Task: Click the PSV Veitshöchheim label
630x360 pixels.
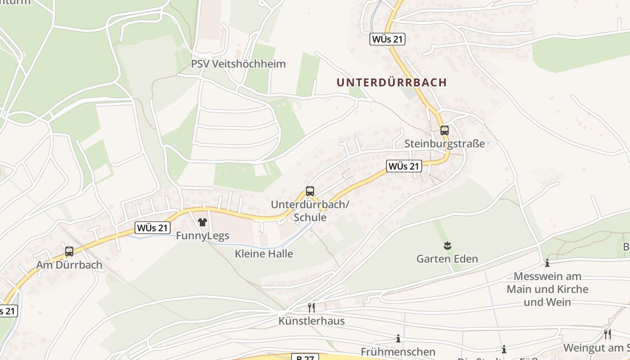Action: point(238,64)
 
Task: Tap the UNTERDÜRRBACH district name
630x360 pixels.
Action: point(391,82)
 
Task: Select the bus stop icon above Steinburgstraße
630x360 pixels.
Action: point(445,130)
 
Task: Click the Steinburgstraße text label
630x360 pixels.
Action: point(445,144)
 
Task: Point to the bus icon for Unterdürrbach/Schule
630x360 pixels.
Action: point(310,191)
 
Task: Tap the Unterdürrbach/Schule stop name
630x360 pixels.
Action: point(310,211)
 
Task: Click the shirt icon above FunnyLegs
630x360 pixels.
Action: point(202,222)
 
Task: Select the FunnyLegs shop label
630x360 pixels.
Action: point(202,235)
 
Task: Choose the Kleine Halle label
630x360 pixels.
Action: point(264,254)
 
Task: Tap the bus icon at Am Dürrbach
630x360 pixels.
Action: point(69,252)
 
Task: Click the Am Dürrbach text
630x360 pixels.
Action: point(69,265)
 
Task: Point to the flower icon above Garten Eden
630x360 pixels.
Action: point(447,246)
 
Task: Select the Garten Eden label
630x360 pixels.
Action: point(447,259)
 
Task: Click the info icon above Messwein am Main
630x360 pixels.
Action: point(547,263)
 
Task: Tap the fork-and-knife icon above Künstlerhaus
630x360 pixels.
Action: point(311,307)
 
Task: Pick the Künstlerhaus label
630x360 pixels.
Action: point(311,321)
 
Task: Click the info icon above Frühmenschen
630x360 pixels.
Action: point(398,338)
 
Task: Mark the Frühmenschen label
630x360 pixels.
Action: point(398,351)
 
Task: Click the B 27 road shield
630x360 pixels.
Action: point(306,357)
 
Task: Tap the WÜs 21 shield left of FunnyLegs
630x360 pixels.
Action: point(153,228)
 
